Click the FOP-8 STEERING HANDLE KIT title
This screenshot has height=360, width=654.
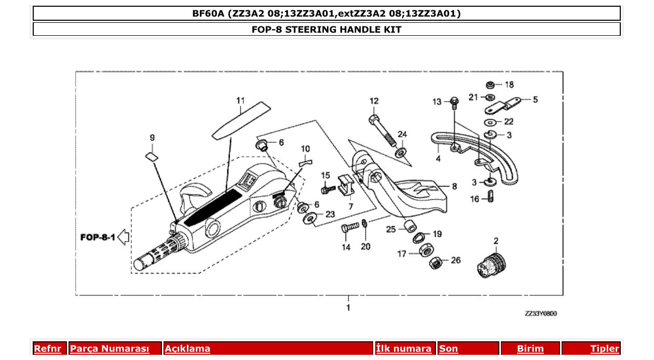tap(326, 30)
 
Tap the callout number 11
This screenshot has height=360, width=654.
tap(240, 100)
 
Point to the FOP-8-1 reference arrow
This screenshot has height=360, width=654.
tap(123, 238)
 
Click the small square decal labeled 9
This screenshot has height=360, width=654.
tap(151, 156)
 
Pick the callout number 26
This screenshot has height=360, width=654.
tap(455, 260)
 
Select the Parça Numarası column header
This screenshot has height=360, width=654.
tap(110, 349)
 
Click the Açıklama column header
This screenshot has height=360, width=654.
tap(187, 349)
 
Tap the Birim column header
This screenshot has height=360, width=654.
tap(530, 349)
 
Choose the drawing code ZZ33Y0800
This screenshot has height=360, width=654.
tap(540, 313)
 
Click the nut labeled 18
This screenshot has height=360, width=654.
tap(490, 85)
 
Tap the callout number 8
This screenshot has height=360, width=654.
tap(454, 186)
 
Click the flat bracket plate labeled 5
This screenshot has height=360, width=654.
tap(503, 105)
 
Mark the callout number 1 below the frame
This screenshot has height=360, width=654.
tap(348, 308)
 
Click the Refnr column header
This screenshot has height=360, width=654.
tap(47, 349)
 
